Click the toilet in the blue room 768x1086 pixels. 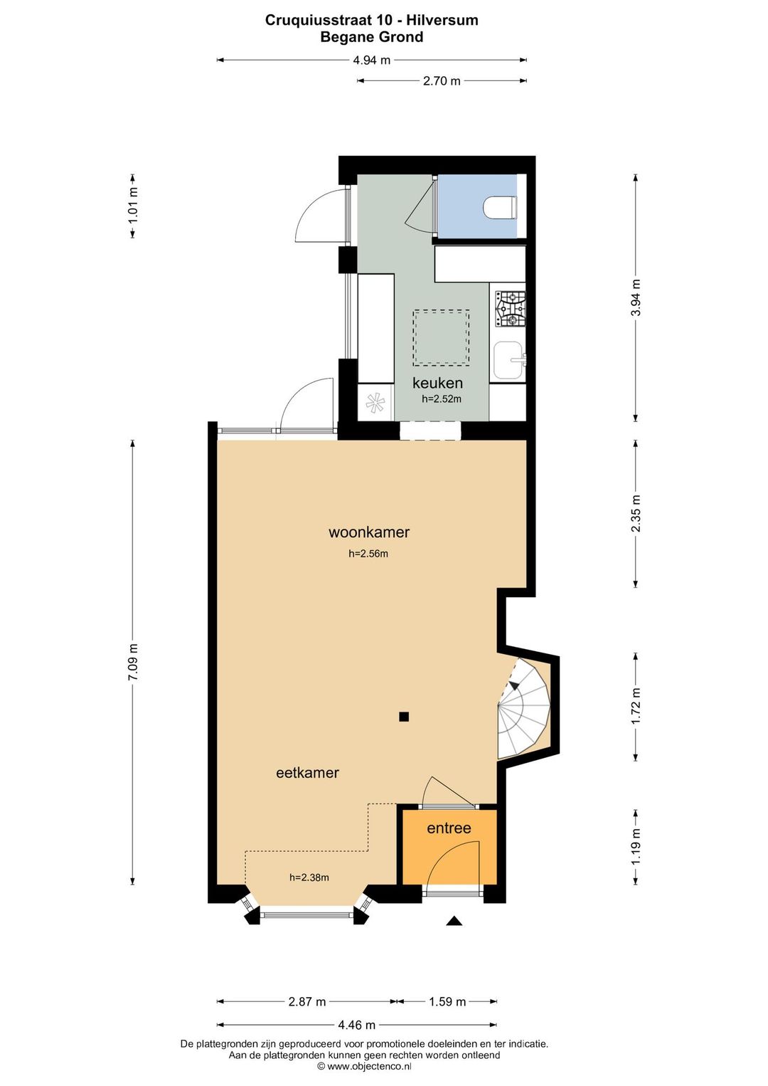500,208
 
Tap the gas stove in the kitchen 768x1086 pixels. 510,309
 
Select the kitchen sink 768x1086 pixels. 508,359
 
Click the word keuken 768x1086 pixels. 437,383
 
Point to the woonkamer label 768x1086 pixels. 369,532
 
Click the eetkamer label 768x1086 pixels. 307,772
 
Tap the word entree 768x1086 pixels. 449,828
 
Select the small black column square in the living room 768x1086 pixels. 404,717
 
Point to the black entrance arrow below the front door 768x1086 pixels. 454,921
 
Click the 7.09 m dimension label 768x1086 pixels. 133,663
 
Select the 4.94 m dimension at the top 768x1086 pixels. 372,60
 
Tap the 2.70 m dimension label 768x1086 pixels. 442,81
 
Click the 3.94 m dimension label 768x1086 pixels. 636,297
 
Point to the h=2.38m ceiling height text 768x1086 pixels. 309,877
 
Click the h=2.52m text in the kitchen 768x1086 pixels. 442,399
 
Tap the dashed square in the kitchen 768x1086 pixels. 441,337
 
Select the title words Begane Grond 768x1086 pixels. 372,37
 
